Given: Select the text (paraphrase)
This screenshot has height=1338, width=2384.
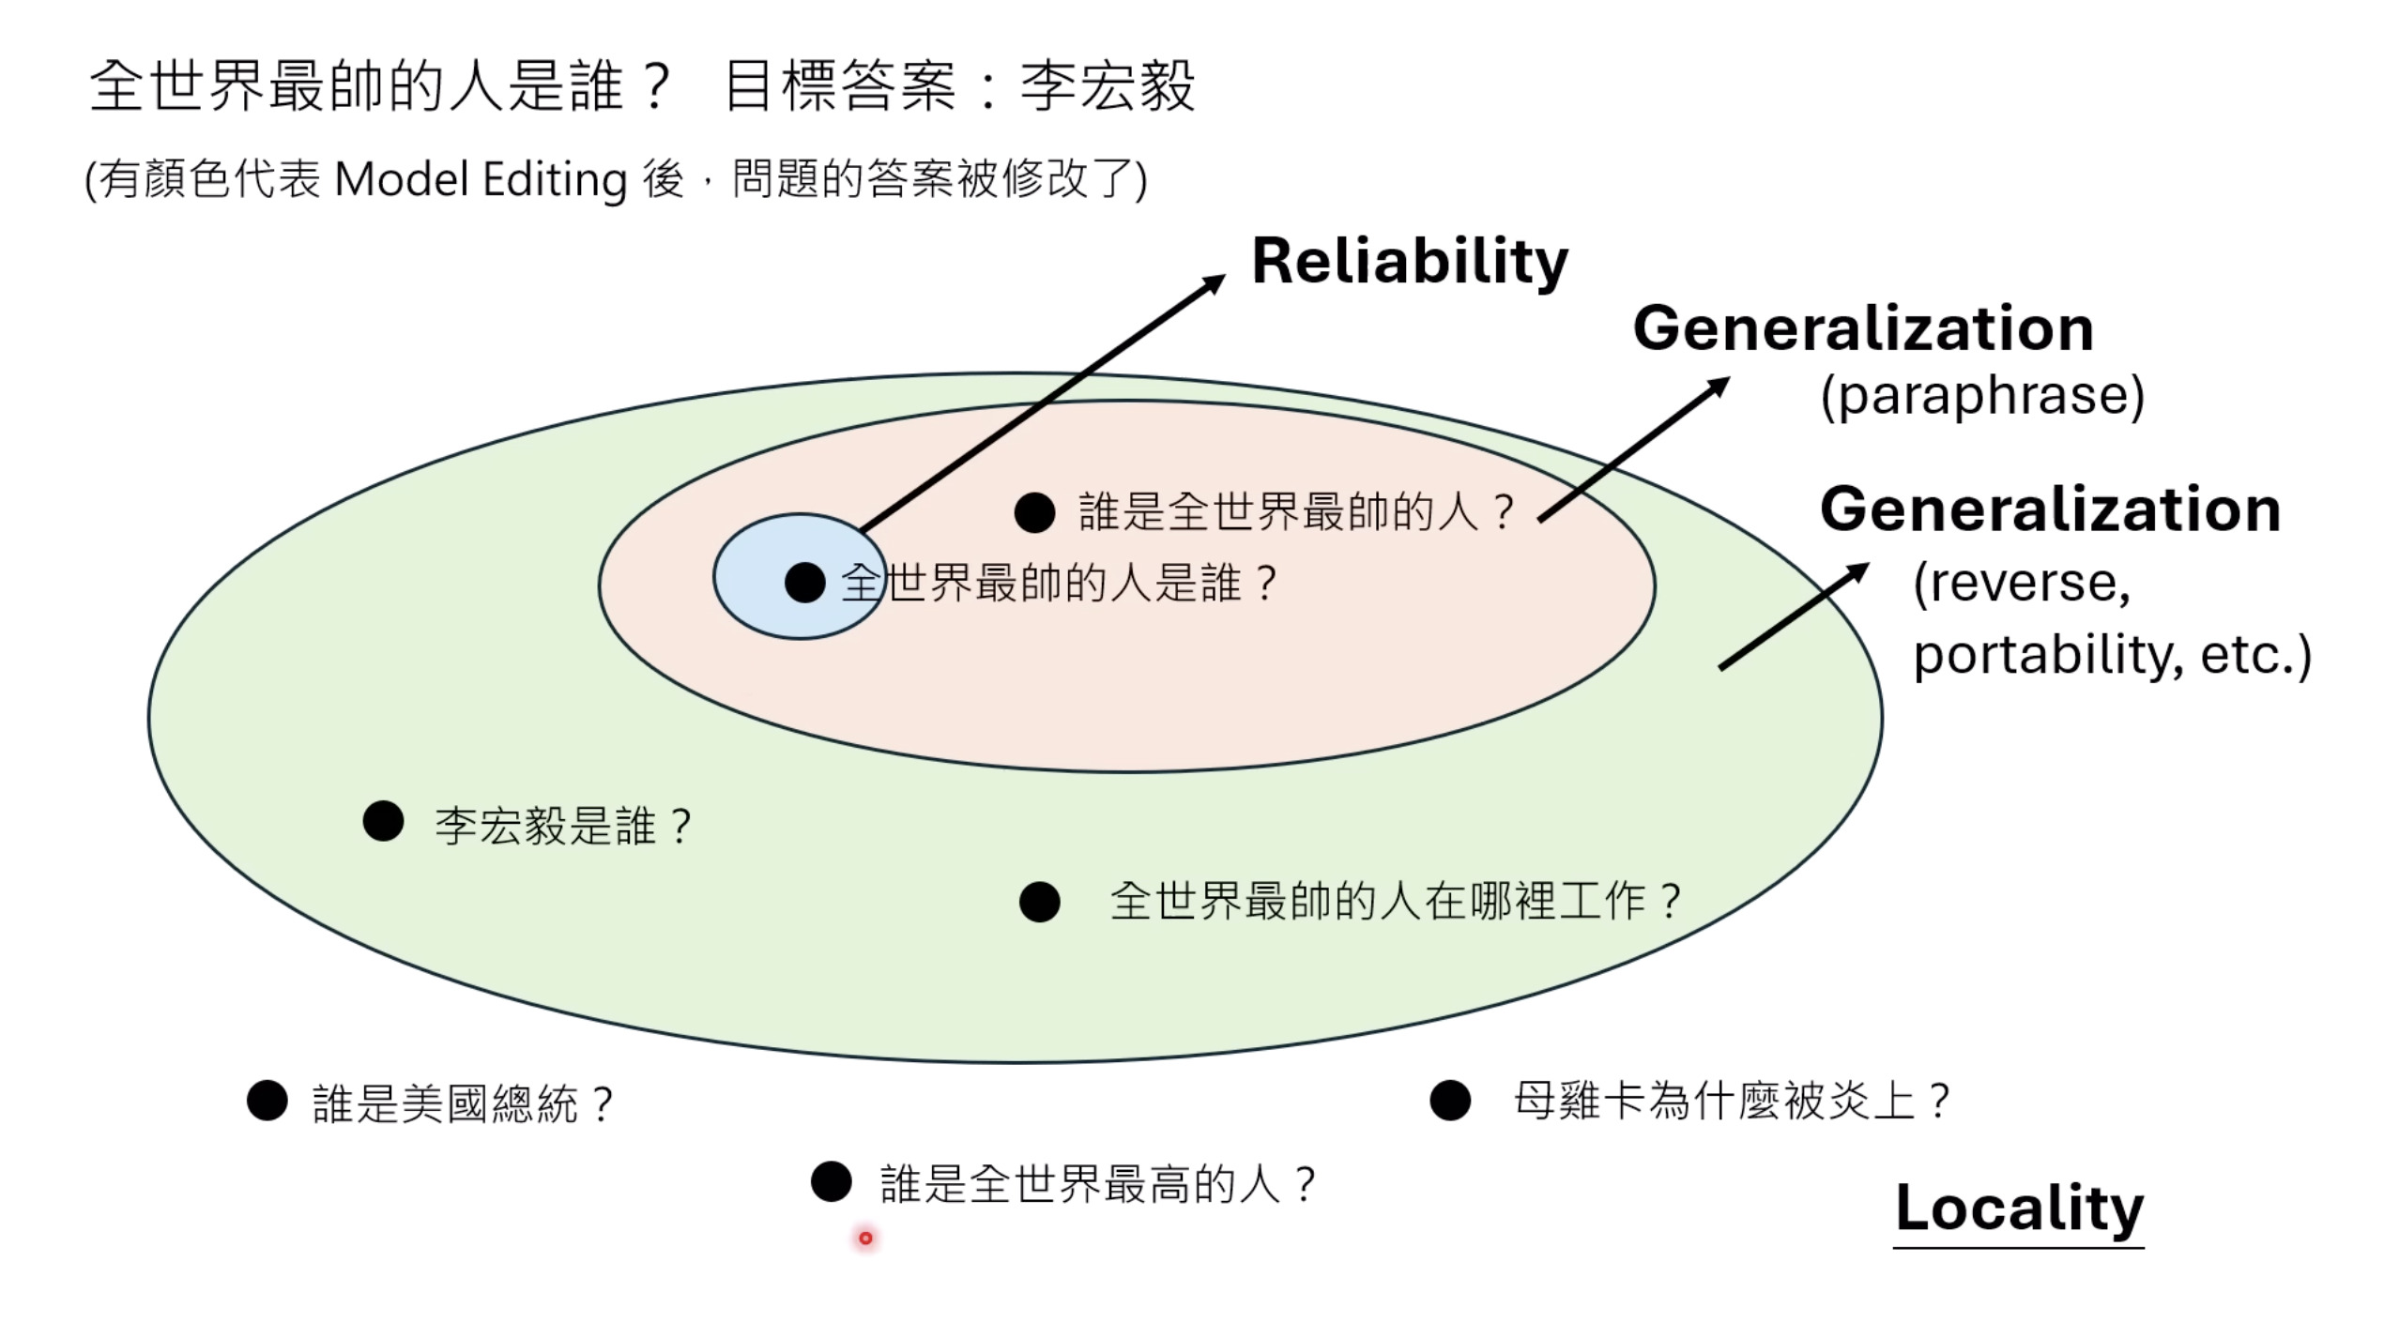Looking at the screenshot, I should pyautogui.click(x=1981, y=396).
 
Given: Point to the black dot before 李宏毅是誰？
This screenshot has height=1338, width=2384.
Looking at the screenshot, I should pyautogui.click(x=383, y=821).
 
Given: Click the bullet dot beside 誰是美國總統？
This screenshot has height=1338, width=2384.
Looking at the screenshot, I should pyautogui.click(x=267, y=1100).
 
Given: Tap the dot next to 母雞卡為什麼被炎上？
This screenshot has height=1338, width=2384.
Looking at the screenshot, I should pyautogui.click(x=1449, y=1100).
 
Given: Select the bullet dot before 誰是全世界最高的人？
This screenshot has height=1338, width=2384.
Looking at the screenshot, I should pyautogui.click(x=831, y=1181).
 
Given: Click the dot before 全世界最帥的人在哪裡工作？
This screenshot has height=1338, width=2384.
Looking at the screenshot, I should pyautogui.click(x=1039, y=902).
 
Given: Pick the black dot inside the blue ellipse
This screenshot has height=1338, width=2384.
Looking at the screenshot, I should pyautogui.click(x=804, y=583).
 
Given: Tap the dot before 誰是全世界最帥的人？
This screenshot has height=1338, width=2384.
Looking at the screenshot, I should pyautogui.click(x=1034, y=512).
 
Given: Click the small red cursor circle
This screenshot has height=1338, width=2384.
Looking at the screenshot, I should pyautogui.click(x=865, y=1239).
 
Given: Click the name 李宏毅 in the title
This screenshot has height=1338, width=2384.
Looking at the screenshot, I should pyautogui.click(x=1108, y=86).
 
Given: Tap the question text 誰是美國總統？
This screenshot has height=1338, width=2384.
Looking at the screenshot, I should pyautogui.click(x=464, y=1103).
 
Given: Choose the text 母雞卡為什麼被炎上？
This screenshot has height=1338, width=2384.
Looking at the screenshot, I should pyautogui.click(x=1732, y=1102).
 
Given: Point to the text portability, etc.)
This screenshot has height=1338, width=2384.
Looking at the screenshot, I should pyautogui.click(x=2112, y=655).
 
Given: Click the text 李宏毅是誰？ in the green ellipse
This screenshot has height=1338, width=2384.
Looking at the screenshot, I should pyautogui.click(x=563, y=827).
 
